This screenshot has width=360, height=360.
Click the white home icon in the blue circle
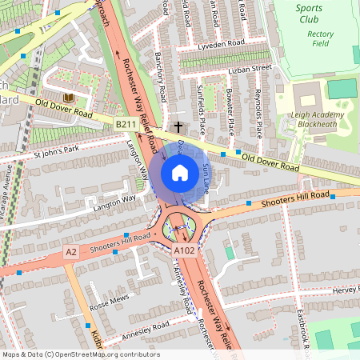click(x=180, y=173)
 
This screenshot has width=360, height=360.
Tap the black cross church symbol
click(x=178, y=126)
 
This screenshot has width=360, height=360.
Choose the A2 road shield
click(x=72, y=252)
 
